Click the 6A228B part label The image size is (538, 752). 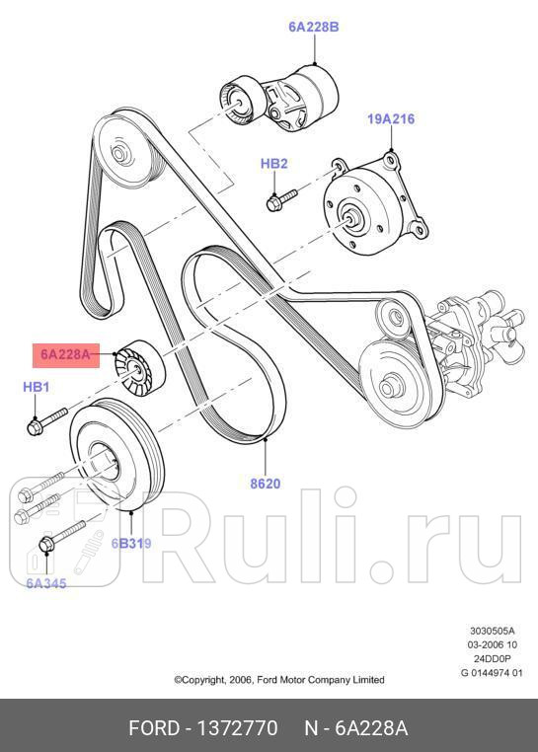313,28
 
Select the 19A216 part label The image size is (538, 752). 391,119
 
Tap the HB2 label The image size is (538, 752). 273,163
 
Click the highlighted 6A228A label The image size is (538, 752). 65,353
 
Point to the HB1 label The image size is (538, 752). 37,388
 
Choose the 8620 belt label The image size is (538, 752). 265,484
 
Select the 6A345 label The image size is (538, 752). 45,583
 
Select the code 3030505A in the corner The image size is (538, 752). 492,631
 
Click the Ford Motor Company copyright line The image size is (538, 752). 279,679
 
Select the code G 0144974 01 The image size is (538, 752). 492,672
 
